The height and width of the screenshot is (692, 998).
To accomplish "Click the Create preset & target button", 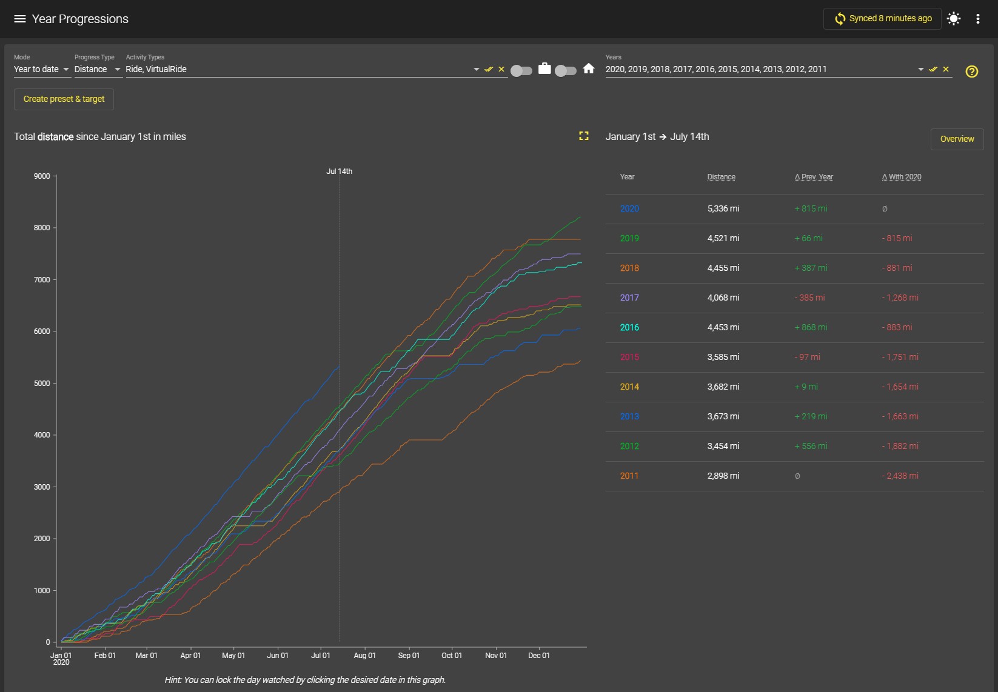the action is pyautogui.click(x=64, y=99).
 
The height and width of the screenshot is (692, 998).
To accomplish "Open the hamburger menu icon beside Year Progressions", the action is pyautogui.click(x=19, y=19).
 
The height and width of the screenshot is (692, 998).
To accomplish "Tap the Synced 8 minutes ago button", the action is pyautogui.click(x=882, y=19).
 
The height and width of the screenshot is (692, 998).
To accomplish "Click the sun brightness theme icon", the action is pyautogui.click(x=954, y=19).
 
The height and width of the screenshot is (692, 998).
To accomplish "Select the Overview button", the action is pyautogui.click(x=957, y=139).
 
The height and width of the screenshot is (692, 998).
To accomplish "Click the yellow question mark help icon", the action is pyautogui.click(x=972, y=72).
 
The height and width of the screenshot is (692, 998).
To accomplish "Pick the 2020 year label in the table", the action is pyautogui.click(x=629, y=208).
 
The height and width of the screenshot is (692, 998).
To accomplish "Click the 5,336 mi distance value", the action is pyautogui.click(x=723, y=208).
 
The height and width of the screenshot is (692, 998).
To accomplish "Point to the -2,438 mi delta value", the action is pyautogui.click(x=900, y=476).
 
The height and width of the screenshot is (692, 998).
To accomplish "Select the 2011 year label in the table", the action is pyautogui.click(x=629, y=476).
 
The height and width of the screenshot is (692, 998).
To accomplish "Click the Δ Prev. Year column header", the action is pyautogui.click(x=814, y=177).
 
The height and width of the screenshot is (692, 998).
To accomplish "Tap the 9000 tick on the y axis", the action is pyautogui.click(x=42, y=176).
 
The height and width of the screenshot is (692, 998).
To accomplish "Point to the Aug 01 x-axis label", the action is pyautogui.click(x=364, y=656).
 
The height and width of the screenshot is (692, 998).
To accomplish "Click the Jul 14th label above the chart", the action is pyautogui.click(x=339, y=171).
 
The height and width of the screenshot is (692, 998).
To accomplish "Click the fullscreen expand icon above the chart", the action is pyautogui.click(x=584, y=136).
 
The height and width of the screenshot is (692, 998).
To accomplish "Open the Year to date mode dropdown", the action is pyautogui.click(x=41, y=69).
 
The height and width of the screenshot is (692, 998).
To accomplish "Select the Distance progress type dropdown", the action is pyautogui.click(x=97, y=69).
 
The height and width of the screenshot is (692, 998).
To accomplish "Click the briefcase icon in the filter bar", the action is pyautogui.click(x=544, y=68).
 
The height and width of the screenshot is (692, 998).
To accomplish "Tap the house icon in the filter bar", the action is pyautogui.click(x=589, y=68).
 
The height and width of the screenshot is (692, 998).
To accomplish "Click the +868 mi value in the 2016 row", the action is pyautogui.click(x=811, y=327).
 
